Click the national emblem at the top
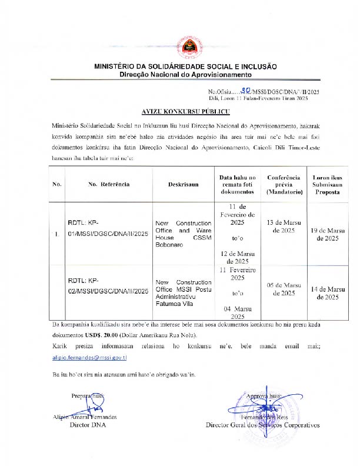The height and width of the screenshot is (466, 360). coord(181,46)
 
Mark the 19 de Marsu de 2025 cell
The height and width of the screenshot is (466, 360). coord(327,234)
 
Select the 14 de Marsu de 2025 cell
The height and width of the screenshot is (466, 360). coord(327,293)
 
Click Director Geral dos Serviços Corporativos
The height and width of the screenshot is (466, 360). coord(262,424)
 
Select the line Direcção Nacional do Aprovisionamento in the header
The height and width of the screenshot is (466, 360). coord(185,75)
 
